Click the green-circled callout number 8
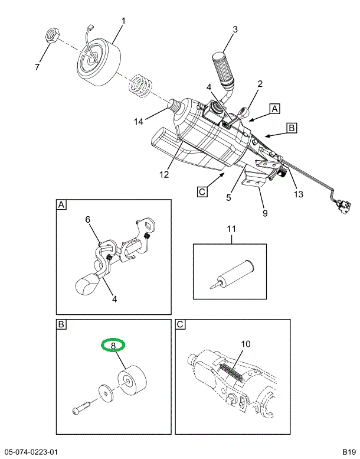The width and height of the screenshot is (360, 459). [112, 344]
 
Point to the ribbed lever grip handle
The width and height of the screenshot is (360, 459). [222, 69]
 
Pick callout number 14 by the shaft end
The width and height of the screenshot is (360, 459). [138, 122]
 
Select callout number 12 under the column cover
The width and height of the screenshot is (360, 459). [163, 174]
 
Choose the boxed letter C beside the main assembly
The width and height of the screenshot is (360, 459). [202, 191]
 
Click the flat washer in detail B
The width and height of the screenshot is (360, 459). [106, 392]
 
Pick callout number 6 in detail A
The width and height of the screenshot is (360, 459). [87, 220]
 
